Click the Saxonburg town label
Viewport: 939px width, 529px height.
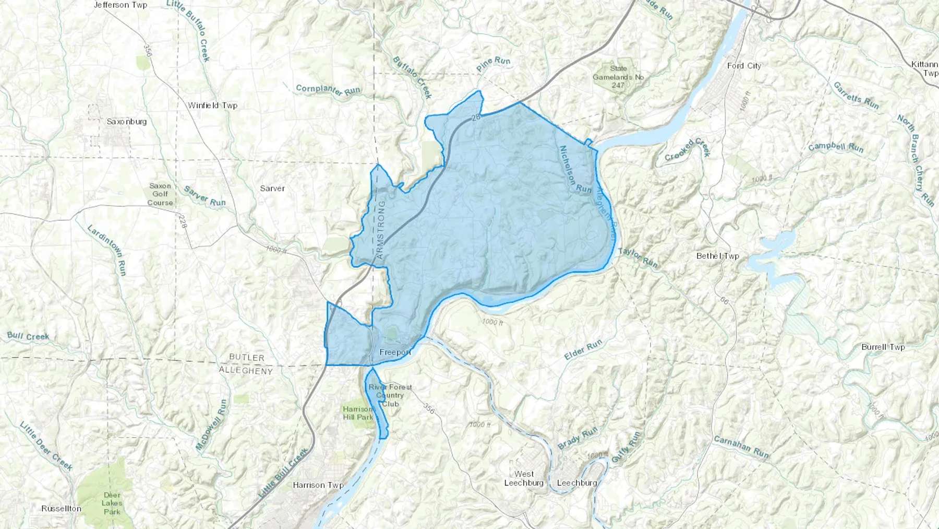pos(127,122)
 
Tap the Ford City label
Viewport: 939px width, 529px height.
pos(744,66)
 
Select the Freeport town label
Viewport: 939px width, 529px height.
pos(395,352)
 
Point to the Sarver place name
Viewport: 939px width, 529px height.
pos(272,189)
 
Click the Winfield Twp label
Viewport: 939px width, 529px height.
pos(212,105)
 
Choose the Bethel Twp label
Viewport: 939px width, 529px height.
pos(718,256)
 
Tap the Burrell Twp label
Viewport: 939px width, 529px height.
pos(883,347)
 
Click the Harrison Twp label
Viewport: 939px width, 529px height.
pos(318,485)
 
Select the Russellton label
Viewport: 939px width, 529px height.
pos(62,509)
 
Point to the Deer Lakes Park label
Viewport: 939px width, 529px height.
pos(112,503)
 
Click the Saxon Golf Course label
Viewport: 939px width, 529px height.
pos(160,194)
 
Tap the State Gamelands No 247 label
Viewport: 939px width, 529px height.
pos(618,77)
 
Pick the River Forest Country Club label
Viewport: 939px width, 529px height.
pos(390,395)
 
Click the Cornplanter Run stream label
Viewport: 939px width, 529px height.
pos(328,90)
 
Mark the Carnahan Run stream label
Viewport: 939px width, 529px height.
pos(741,447)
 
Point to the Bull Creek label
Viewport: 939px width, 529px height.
pos(28,336)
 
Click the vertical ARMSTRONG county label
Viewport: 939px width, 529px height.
pos(380,230)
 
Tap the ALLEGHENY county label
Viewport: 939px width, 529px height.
pos(245,371)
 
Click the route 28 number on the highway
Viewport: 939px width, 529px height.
pos(475,117)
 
